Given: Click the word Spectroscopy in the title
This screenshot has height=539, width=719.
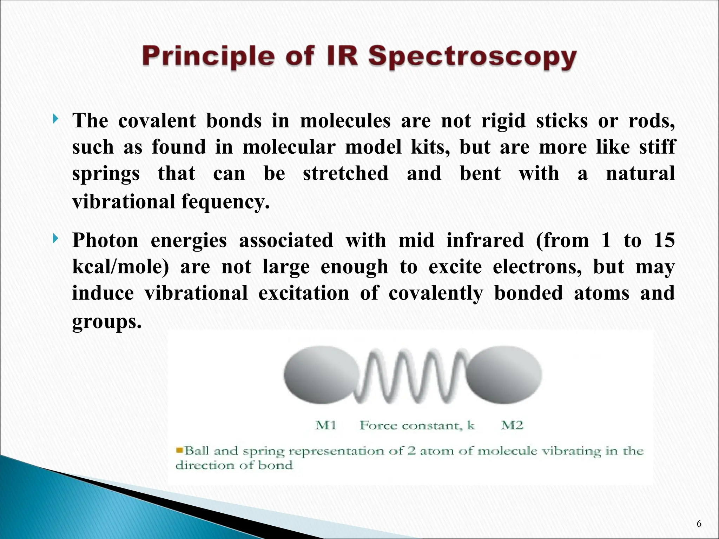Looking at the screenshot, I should pyautogui.click(x=472, y=57).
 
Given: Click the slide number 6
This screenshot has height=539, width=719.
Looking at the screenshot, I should pyautogui.click(x=699, y=524).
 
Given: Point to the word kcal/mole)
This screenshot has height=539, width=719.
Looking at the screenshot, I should pyautogui.click(x=120, y=267).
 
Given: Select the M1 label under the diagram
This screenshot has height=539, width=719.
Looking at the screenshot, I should pyautogui.click(x=325, y=425).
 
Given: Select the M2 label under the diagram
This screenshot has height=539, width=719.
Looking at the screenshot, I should pyautogui.click(x=512, y=425).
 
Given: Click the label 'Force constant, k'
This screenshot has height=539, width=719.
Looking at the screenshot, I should pyautogui.click(x=417, y=425).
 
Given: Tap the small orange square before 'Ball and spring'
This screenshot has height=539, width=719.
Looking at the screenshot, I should pyautogui.click(x=180, y=450).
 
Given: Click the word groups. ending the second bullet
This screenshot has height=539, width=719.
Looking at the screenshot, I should pyautogui.click(x=107, y=321).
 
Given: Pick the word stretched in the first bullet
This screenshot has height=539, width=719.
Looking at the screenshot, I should pyautogui.click(x=345, y=173).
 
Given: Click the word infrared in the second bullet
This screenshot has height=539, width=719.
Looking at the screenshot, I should pyautogui.click(x=485, y=240).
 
